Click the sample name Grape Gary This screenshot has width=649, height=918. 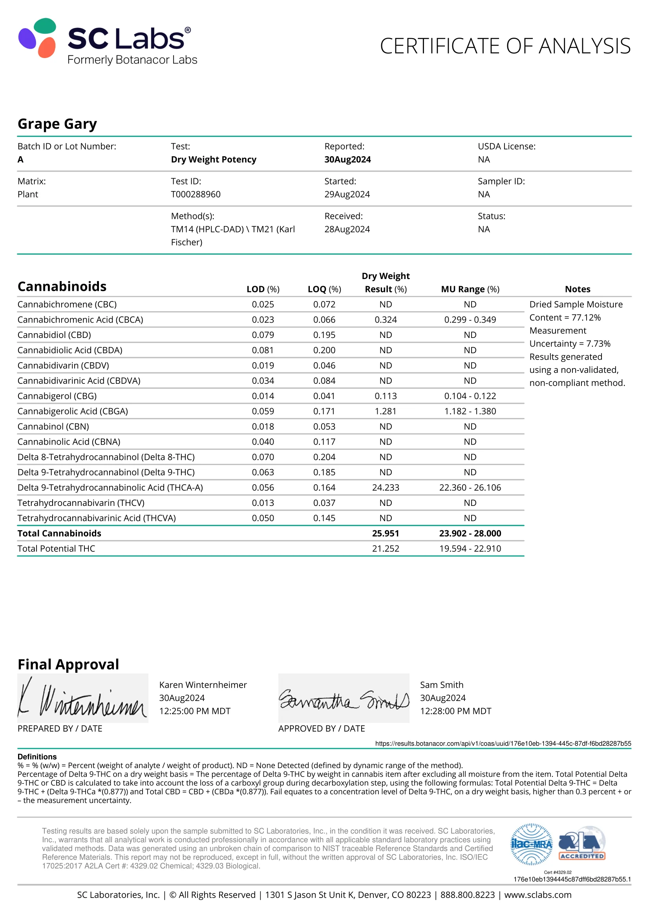pos(57,124)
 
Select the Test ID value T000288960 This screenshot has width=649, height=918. pos(196,194)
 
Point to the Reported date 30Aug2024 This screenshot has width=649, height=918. pos(347,159)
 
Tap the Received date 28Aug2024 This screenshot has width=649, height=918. pos(347,229)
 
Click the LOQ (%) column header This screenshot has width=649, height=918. pos(324,289)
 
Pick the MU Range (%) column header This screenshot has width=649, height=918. pos(470,289)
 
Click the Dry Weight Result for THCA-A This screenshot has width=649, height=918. pos(386,487)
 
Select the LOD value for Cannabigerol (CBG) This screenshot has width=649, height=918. pos(263,396)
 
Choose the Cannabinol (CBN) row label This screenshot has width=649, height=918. pos(53,426)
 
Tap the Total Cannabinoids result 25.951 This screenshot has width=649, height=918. pos(386,533)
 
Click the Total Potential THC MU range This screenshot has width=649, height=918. pos(470,549)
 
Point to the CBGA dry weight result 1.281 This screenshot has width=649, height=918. pos(386,411)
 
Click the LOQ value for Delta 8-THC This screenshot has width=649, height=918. pos(324,457)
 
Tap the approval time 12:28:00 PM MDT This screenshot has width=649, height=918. pos(455,711)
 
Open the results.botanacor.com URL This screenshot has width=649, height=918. pos(503,743)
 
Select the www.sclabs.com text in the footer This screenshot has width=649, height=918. pos(537,895)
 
